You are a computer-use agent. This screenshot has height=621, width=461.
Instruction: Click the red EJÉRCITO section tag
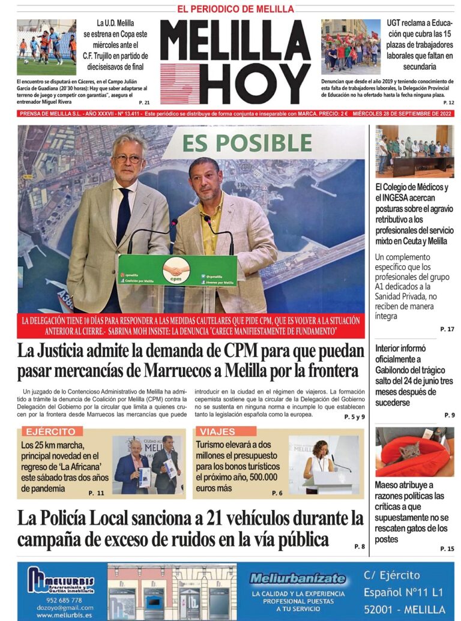tap(49, 431)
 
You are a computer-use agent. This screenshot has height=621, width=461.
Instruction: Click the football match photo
tap(46, 47)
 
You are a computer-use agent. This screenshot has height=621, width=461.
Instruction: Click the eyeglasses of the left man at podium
tap(127, 159)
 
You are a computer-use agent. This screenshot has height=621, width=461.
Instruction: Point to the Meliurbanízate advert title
tap(298, 579)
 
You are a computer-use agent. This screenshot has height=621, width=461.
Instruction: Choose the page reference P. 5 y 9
tap(354, 416)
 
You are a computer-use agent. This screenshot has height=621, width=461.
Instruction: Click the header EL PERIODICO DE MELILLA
tap(235, 9)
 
